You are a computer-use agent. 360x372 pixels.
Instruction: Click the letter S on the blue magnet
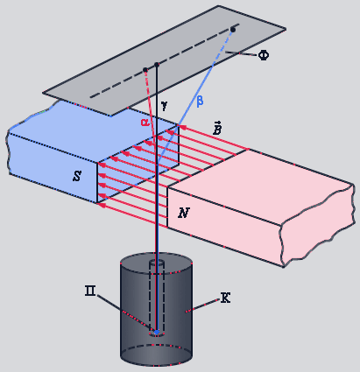tap(77, 176)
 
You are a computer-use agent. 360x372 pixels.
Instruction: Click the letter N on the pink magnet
tap(184, 213)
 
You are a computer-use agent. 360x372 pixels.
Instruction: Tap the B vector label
tap(217, 129)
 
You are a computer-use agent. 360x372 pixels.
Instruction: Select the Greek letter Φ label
tap(264, 55)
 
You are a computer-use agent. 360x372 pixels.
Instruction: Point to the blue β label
tap(200, 102)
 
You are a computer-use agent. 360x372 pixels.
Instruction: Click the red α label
tap(145, 123)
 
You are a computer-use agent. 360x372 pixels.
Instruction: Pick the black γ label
tap(165, 106)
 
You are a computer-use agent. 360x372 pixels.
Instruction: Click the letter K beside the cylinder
tap(225, 298)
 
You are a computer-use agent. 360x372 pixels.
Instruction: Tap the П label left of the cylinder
tap(90, 291)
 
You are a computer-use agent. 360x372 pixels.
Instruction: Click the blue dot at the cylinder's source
tap(157, 332)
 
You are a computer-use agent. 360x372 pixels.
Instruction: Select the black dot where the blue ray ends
tap(233, 29)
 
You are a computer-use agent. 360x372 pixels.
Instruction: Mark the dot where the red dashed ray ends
tap(145, 70)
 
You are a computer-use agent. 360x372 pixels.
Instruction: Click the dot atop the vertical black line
tap(157, 65)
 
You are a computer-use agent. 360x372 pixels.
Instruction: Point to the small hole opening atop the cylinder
tap(157, 262)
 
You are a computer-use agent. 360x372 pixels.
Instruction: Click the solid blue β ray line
tap(195, 95)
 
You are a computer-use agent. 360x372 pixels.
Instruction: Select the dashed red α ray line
tap(150, 107)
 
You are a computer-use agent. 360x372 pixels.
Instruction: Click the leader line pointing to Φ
tap(241, 53)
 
